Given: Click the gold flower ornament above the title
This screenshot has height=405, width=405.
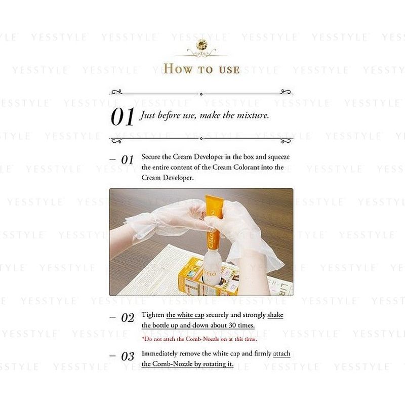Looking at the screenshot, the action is (x=201, y=45).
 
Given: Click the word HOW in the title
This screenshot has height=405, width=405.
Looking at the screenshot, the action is (x=178, y=69).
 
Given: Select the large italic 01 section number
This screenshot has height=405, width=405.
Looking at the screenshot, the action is (x=123, y=117).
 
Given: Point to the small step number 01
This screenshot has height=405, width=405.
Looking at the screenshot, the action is (x=128, y=159).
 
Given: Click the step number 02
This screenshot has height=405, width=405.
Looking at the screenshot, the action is (x=128, y=318).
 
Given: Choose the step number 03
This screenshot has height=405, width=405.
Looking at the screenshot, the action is (x=128, y=356).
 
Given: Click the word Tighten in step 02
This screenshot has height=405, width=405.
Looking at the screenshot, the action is (x=153, y=315).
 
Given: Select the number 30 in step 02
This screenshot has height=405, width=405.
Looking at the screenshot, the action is (x=232, y=325).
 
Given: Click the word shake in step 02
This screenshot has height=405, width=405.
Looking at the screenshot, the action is (x=275, y=315).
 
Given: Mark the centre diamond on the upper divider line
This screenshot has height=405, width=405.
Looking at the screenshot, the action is (x=201, y=94).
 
